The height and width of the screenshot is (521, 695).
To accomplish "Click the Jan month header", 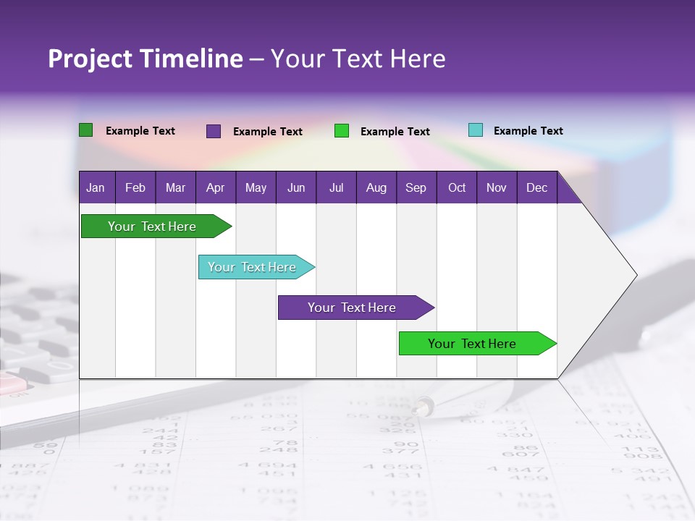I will pyautogui.click(x=96, y=187).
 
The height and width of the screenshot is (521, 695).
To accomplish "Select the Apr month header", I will pyautogui.click(x=215, y=187).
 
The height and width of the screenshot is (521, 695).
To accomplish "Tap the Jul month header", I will pyautogui.click(x=336, y=187).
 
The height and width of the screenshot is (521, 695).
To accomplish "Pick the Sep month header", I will pyautogui.click(x=416, y=187).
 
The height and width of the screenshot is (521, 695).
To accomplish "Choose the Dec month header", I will pyautogui.click(x=536, y=187).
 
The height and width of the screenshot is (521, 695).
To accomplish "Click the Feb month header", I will pyautogui.click(x=135, y=187).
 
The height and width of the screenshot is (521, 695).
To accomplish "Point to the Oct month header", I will pyautogui.click(x=457, y=187).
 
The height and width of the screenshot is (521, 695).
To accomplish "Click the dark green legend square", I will pyautogui.click(x=86, y=130).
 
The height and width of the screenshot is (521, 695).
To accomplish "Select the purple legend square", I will pyautogui.click(x=214, y=131).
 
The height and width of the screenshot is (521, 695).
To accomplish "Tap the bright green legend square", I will pyautogui.click(x=342, y=131).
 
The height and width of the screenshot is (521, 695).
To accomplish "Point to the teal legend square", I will pyautogui.click(x=476, y=130).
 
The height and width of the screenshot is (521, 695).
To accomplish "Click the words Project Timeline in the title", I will pyautogui.click(x=146, y=59).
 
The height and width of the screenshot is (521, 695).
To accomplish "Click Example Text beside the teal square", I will pyautogui.click(x=528, y=131).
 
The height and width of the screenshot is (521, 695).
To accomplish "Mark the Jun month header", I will pyautogui.click(x=296, y=187).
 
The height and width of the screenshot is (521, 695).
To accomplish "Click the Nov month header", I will pyautogui.click(x=497, y=187).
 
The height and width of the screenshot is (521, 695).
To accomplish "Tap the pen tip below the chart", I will pyautogui.click(x=419, y=409).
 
